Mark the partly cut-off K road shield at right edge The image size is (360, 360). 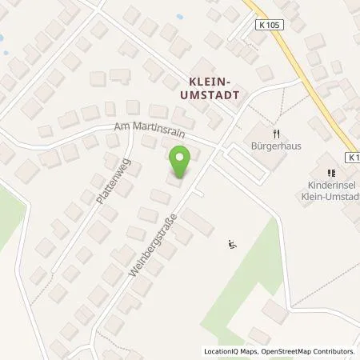coord(354,158)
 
